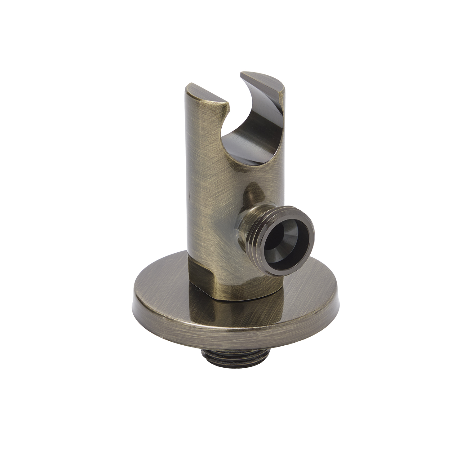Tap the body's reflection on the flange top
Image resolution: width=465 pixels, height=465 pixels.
236,313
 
